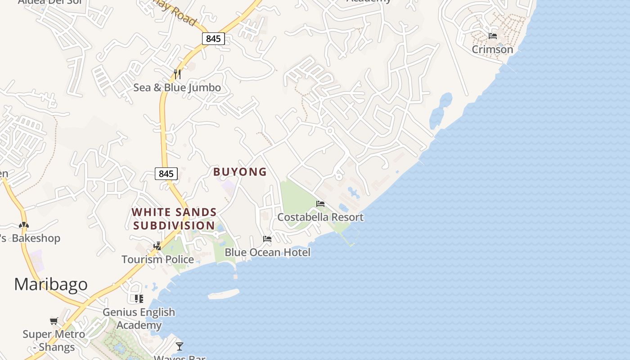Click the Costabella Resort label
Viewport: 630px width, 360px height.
tap(320, 217)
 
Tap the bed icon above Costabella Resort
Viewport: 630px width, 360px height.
tap(320, 204)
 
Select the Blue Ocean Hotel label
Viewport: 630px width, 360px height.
tap(267, 252)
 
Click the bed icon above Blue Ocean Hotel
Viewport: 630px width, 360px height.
tap(267, 239)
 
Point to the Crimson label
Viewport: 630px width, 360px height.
tap(492, 49)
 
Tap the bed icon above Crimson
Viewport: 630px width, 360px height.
tap(493, 36)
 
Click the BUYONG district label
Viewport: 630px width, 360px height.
tap(240, 172)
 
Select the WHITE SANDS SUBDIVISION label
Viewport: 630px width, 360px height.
tap(174, 219)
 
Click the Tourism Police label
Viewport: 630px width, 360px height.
tap(157, 259)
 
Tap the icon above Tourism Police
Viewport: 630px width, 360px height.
tap(157, 246)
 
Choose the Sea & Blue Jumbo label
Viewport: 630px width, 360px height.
tap(177, 87)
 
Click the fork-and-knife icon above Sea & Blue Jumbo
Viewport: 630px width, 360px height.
tap(177, 74)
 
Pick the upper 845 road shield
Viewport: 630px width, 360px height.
tap(213, 39)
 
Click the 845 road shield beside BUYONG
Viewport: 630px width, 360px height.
tap(166, 174)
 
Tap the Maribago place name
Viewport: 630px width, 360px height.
tap(51, 284)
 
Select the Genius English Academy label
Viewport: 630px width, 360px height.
tap(139, 318)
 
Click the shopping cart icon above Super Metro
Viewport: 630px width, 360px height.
tap(54, 321)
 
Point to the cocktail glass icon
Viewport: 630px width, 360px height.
tap(180, 346)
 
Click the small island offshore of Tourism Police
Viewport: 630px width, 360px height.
tap(224, 294)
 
